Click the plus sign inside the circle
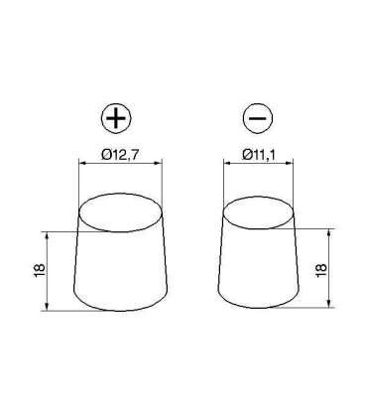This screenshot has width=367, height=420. click(117, 120)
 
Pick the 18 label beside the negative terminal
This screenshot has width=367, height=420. click(321, 269)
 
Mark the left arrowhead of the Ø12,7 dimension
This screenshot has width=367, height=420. click(81, 164)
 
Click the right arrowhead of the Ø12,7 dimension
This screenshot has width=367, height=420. click(156, 164)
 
